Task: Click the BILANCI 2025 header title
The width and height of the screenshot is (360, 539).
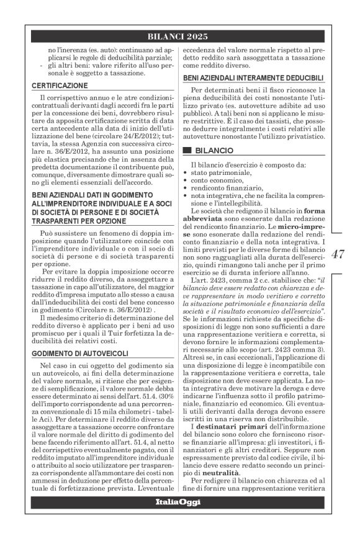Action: (179, 36)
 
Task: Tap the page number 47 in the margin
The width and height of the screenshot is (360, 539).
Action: (338, 254)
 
